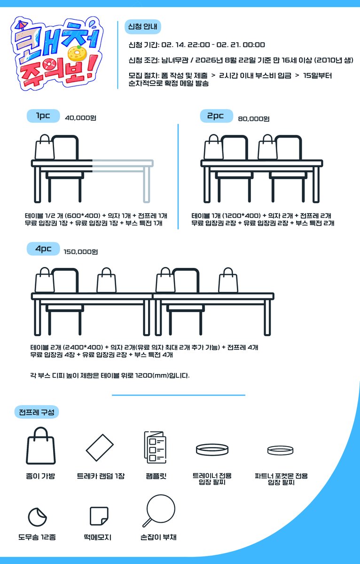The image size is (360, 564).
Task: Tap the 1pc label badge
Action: pyautogui.click(x=43, y=116)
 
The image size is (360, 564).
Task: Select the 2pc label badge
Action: pyautogui.click(x=216, y=116)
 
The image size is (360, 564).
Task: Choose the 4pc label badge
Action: pyautogui.click(x=43, y=249)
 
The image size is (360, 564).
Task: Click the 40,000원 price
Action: pyautogui.click(x=80, y=118)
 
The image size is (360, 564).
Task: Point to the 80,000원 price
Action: pyautogui.click(x=254, y=119)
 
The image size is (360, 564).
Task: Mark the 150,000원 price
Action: pyautogui.click(x=80, y=252)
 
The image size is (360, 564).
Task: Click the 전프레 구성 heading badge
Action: pyautogui.click(x=37, y=413)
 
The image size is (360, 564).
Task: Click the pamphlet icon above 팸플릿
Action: pyautogui.click(x=155, y=447)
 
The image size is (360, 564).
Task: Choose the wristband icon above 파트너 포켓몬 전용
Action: pyautogui.click(x=281, y=451)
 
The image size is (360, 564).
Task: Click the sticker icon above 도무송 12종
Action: pyautogui.click(x=37, y=517)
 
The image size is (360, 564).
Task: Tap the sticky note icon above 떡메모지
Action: pyautogui.click(x=99, y=516)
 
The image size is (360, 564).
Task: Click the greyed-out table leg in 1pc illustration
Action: pyautogui.click(x=146, y=184)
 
